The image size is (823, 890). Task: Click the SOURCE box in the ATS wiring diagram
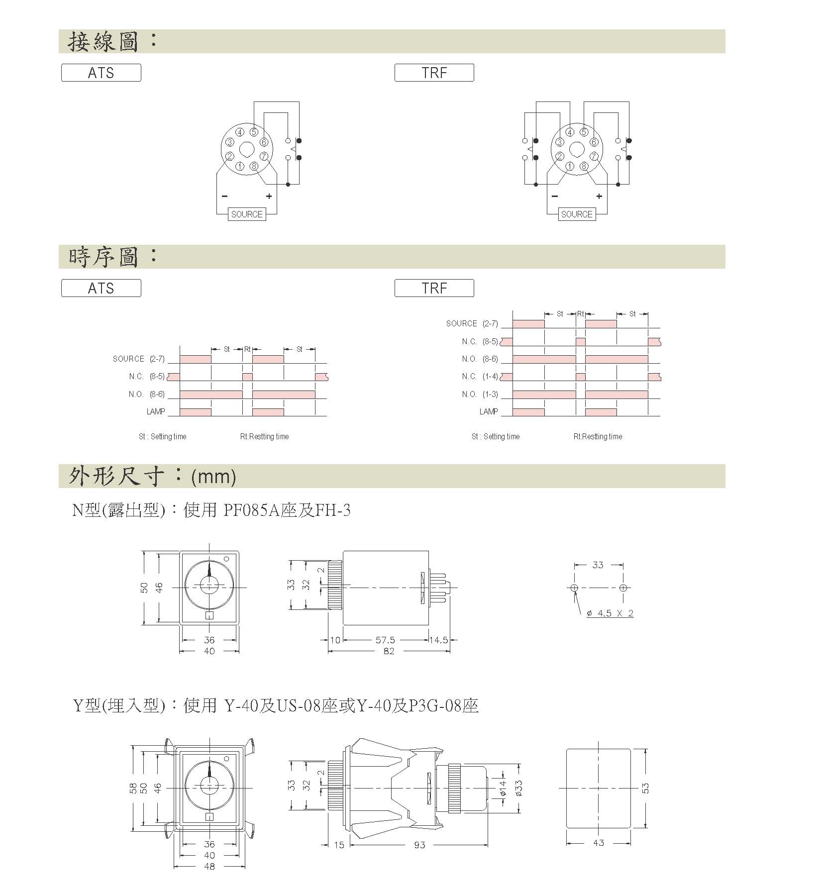tap(247, 214)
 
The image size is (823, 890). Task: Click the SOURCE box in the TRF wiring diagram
tap(577, 214)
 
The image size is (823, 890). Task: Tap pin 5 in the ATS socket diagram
tap(254, 132)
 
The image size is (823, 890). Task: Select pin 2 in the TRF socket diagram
tap(559, 157)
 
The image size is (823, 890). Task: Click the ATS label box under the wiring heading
tap(101, 73)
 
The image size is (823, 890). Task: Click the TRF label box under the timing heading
tap(434, 288)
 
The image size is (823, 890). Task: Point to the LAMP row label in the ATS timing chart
tap(155, 412)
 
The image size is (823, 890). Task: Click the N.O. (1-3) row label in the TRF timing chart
tap(480, 395)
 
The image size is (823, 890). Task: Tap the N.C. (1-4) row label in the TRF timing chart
tap(480, 377)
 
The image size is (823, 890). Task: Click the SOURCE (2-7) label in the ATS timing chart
tap(138, 359)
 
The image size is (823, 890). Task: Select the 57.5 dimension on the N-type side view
tap(385, 640)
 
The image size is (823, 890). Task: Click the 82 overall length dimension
tap(389, 651)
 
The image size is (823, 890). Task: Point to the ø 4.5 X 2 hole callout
tap(610, 613)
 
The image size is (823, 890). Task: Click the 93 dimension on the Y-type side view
tap(419, 845)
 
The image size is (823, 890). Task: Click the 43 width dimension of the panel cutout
tap(599, 843)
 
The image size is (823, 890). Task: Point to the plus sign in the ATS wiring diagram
tap(269, 197)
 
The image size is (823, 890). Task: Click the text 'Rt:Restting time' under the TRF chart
tap(598, 437)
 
